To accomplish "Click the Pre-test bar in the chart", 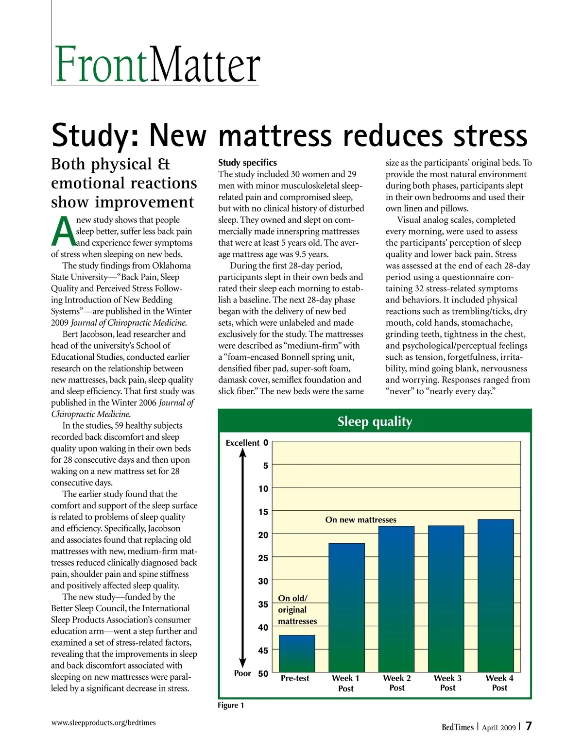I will coord(296,653).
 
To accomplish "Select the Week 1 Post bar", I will coord(346,607).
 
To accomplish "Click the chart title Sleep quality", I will coord(375,421).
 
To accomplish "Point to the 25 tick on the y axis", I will coord(263,558).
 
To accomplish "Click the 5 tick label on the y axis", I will coord(265,466).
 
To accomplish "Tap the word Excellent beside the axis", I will coord(242,443).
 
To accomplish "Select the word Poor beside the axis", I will coord(242,673).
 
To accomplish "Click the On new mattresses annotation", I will coord(360,519).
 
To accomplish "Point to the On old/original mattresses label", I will coord(297,610).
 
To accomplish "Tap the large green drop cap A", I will coord(63,232).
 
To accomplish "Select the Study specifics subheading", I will coord(247,163).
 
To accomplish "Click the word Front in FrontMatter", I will coord(101,65).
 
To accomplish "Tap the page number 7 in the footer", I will coord(529,726).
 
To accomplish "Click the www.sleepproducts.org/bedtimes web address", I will coord(103,722).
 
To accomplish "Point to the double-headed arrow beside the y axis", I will coord(243,558).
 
